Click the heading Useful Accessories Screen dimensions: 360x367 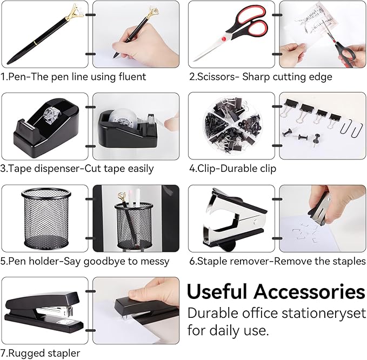[x=276, y=292]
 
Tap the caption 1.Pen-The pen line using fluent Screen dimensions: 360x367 [x=74, y=77]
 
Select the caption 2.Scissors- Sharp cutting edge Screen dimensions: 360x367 [x=261, y=77]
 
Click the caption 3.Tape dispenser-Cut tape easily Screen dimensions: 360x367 [x=77, y=169]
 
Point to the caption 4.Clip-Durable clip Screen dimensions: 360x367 [x=233, y=169]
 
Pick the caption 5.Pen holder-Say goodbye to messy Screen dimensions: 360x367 [x=85, y=261]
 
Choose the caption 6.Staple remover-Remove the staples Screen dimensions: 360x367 [x=277, y=261]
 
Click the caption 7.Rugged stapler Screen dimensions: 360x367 [x=41, y=353]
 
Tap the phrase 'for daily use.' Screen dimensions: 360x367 [x=228, y=330]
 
